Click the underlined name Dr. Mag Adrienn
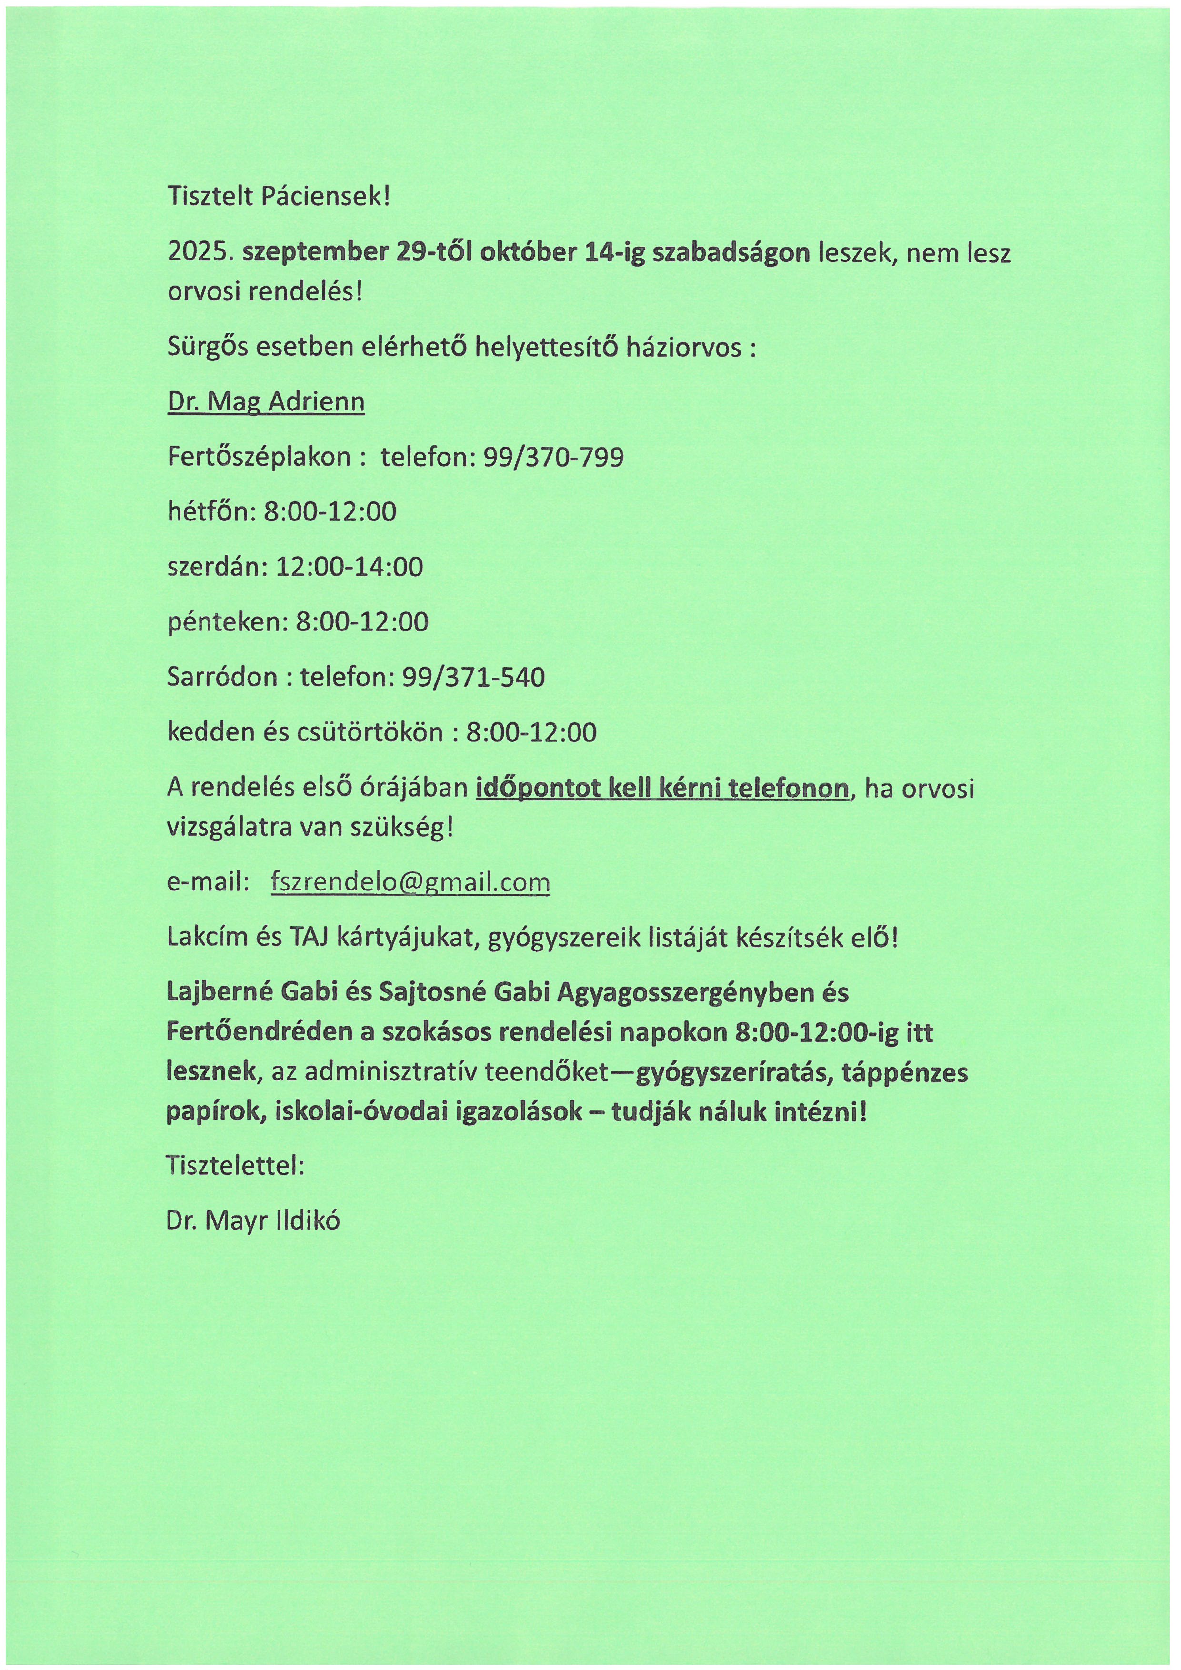click(266, 402)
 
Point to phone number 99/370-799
click(553, 458)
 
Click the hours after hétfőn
click(330, 512)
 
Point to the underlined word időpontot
click(538, 789)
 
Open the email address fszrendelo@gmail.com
click(410, 882)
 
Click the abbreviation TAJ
click(310, 938)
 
